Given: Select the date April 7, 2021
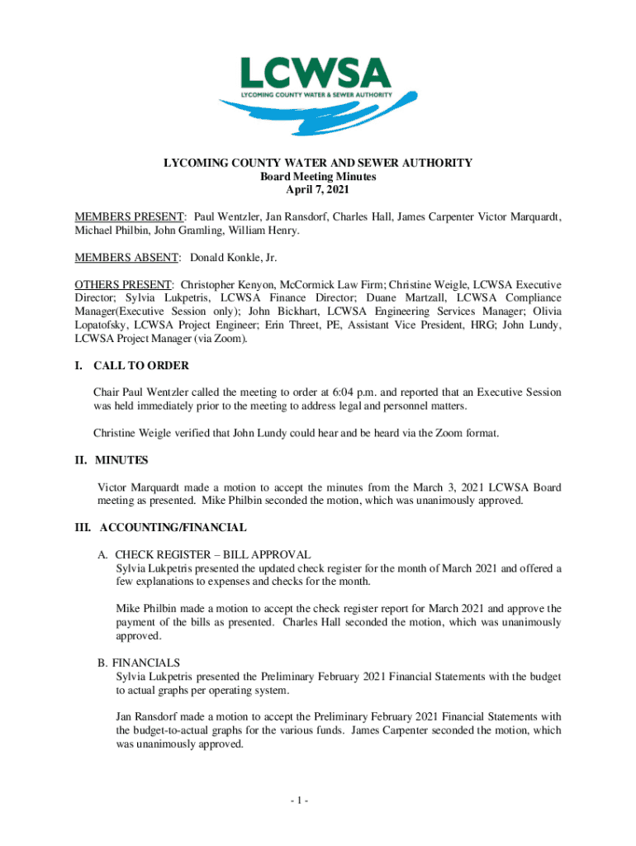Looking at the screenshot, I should point(318,191).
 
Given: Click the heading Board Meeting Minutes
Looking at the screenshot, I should point(318,177).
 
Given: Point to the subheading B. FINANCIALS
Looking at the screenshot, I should point(144,663).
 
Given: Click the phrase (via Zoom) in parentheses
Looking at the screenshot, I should point(228,339).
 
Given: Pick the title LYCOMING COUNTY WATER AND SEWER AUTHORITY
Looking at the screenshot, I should point(318,163).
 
